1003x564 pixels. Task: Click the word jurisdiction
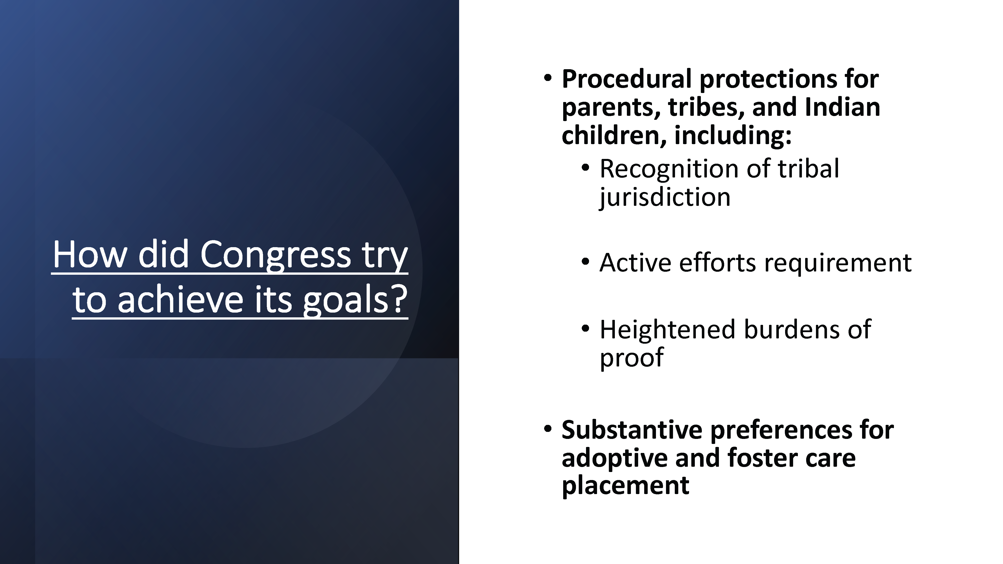[665, 197]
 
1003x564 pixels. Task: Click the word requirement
[838, 263]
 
